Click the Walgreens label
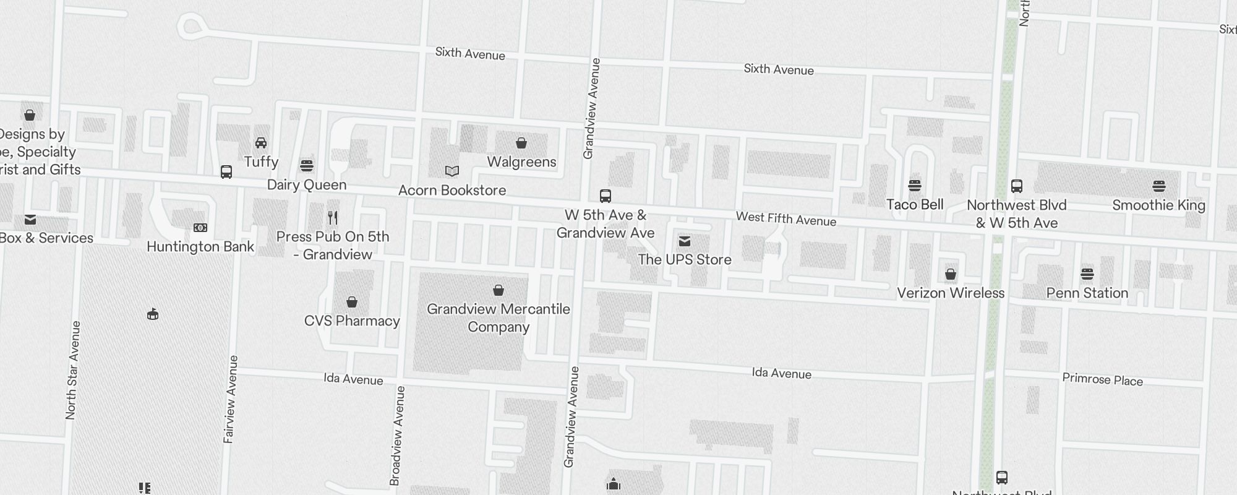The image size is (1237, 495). point(521,162)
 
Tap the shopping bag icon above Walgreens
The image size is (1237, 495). point(521,143)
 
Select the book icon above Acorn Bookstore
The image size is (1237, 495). point(452,171)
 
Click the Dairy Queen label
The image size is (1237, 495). point(307,185)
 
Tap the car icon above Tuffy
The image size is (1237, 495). point(261,143)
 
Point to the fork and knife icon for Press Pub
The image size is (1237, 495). point(333,217)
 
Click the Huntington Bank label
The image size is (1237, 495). point(200,247)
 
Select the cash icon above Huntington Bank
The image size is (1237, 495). point(200,228)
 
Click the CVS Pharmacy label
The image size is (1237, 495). point(352,321)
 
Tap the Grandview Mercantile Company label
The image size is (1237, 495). point(499,318)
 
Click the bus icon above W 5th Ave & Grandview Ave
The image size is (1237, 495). point(606,196)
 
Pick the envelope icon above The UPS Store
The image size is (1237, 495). point(685,241)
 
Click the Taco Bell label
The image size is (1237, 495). point(915,205)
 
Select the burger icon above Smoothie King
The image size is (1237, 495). point(1159,186)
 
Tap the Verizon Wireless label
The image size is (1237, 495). point(951,293)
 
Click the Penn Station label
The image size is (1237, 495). point(1087,293)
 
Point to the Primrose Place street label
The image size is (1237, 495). point(1102,380)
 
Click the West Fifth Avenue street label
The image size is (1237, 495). point(785,219)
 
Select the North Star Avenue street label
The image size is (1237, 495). point(72,370)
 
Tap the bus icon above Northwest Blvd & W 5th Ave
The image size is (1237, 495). point(1017,186)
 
